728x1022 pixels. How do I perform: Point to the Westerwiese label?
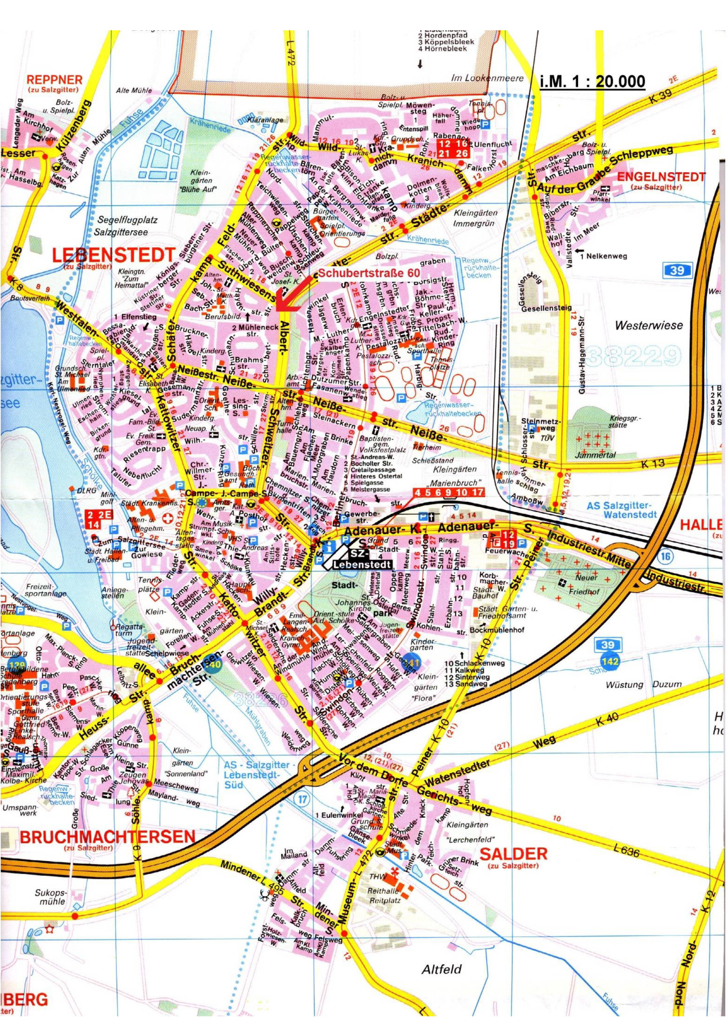click(649, 325)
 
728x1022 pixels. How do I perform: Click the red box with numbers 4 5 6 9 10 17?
click(448, 492)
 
